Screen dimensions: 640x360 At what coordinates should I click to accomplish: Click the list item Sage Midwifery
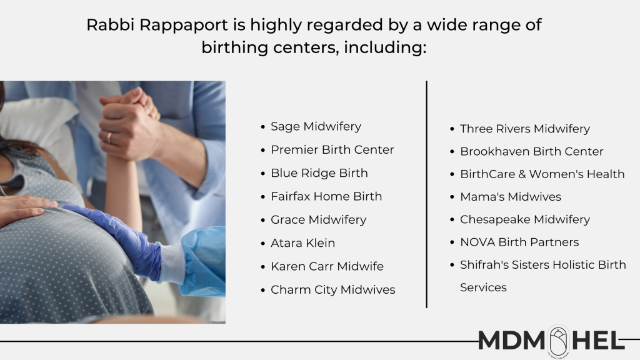(x=316, y=126)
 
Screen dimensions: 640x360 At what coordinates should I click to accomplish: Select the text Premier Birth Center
(x=332, y=150)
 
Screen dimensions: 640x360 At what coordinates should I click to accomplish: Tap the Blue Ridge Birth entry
(x=319, y=173)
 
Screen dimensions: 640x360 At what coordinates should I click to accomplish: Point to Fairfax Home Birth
(x=326, y=196)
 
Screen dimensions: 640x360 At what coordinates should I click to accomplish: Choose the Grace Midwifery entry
(x=318, y=219)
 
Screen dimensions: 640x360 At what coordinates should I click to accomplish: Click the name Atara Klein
(x=303, y=243)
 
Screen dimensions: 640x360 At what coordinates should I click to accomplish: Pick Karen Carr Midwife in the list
(x=327, y=266)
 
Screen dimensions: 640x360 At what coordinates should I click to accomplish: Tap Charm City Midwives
(x=332, y=290)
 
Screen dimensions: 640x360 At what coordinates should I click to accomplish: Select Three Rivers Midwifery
(x=525, y=129)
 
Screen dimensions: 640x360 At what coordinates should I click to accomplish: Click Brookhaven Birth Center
(x=531, y=151)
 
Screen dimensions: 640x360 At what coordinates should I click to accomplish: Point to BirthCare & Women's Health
(x=542, y=174)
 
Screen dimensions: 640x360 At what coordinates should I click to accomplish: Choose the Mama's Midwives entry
(x=510, y=197)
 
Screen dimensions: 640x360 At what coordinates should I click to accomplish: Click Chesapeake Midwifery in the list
(x=525, y=219)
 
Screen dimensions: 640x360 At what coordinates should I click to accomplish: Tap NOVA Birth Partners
(x=519, y=242)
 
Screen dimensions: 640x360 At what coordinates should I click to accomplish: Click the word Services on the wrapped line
(x=483, y=287)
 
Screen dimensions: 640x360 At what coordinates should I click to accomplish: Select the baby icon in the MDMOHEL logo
(x=558, y=341)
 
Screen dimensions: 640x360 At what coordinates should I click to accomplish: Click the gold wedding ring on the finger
(x=109, y=138)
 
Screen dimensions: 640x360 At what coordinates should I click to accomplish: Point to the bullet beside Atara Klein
(x=263, y=244)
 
